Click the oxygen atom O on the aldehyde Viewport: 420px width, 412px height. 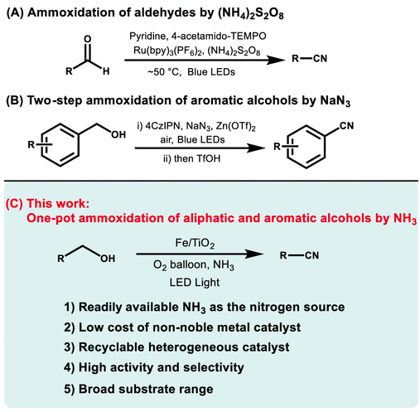click(x=87, y=39)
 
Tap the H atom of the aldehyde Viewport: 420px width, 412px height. click(x=106, y=71)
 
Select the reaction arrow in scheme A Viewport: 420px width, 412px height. click(x=205, y=60)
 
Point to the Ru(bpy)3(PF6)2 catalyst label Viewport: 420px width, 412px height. click(x=169, y=51)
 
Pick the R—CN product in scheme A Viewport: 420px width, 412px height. click(x=310, y=59)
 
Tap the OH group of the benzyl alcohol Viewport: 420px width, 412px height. click(x=118, y=134)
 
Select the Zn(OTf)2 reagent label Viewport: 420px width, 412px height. click(x=236, y=127)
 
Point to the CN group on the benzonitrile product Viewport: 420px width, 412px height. click(x=346, y=126)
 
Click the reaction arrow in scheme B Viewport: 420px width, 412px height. click(x=200, y=148)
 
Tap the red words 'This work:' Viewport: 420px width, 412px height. click(x=58, y=203)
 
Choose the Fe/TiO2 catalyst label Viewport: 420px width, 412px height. click(x=195, y=244)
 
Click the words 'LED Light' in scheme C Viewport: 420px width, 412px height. click(x=195, y=283)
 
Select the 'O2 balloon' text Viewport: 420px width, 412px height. click(x=180, y=265)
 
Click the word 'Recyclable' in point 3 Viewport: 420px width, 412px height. click(x=112, y=347)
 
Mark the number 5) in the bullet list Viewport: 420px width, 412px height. click(x=70, y=389)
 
